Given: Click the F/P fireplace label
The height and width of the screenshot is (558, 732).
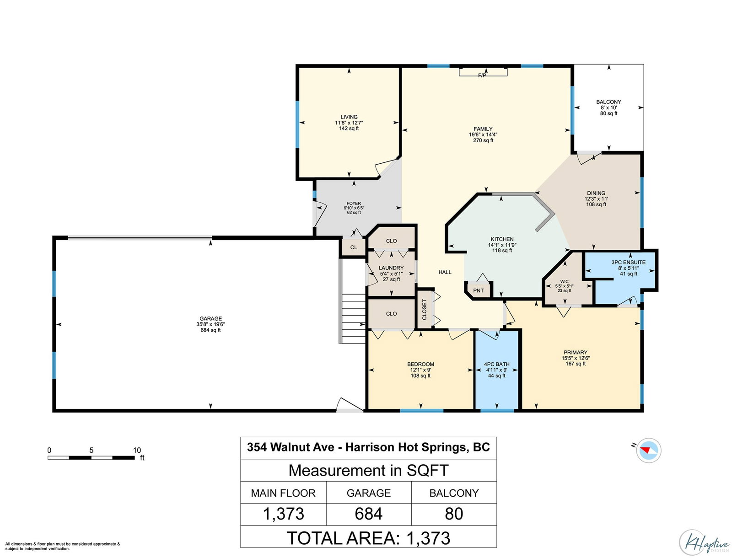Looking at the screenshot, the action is point(482,75).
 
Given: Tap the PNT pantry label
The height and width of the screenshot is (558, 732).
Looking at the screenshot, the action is point(478,290).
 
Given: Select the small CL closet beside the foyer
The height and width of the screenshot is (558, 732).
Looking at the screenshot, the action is point(353,247).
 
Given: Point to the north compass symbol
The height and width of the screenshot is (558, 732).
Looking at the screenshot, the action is point(648,450).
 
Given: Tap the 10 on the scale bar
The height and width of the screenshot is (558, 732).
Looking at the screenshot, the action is point(137,450).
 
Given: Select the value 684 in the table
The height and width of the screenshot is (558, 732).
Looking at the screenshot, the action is point(368,514).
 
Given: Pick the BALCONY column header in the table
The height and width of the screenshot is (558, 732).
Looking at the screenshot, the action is point(453,493).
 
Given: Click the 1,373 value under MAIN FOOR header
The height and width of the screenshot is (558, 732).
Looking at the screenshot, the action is point(284,514).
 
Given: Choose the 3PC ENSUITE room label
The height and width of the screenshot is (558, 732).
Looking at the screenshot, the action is point(628,263).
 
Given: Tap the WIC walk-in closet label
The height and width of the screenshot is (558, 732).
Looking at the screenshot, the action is point(564,281).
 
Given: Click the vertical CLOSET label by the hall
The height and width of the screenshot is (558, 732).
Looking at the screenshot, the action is point(424,309).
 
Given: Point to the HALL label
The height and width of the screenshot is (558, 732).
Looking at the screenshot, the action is point(445,272).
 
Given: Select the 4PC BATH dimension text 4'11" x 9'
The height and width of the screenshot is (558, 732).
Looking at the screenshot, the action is point(496,370).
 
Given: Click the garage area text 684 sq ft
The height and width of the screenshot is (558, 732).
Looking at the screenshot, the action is point(210,330).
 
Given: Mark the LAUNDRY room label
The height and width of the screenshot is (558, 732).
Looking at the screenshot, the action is point(391,268).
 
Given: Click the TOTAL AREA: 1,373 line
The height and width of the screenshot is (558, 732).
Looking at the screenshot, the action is point(368,538).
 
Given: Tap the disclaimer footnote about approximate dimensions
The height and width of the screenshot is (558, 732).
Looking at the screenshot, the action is point(63,546).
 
